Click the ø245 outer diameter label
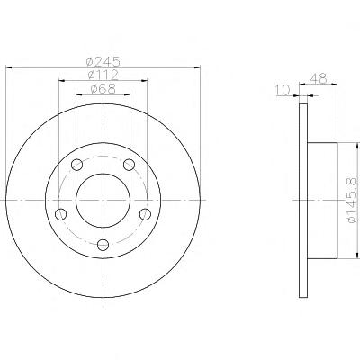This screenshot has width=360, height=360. (103, 61)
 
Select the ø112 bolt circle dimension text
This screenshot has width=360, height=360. (103, 75)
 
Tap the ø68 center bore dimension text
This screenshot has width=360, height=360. (103, 89)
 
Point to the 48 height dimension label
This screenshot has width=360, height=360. (319, 78)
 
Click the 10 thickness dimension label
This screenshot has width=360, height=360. (283, 90)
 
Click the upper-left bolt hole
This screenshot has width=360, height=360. (77, 165)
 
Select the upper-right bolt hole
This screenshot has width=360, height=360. (130, 165)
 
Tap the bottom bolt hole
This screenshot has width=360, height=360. (103, 245)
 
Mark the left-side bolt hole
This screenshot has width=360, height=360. (61, 214)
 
